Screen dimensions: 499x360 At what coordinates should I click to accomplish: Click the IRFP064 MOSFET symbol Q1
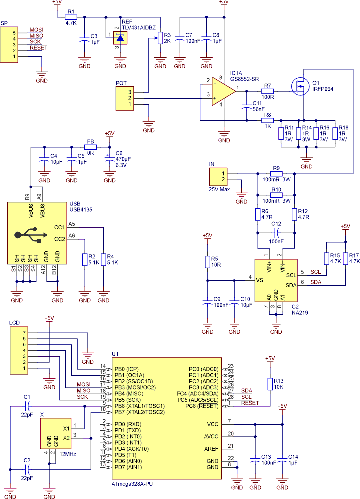[300, 88]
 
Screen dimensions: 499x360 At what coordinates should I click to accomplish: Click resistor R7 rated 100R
[268, 91]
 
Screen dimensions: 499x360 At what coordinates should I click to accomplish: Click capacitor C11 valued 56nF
[245, 106]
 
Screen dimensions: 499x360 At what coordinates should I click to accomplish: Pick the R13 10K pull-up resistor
[270, 383]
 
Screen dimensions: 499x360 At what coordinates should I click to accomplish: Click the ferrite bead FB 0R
[90, 147]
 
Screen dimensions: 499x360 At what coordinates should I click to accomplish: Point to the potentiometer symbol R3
[160, 39]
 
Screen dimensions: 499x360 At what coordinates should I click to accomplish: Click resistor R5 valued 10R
[208, 262]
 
